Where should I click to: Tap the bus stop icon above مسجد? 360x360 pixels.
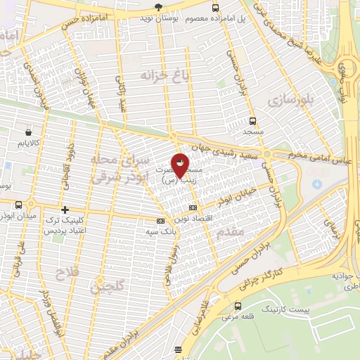[x=252, y=121]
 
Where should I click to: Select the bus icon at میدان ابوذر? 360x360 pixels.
[x=18, y=205]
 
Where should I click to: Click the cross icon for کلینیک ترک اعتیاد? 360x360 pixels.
[x=65, y=210]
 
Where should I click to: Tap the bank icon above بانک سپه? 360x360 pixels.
[x=160, y=221]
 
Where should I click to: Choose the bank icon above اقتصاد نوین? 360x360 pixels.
[x=193, y=207]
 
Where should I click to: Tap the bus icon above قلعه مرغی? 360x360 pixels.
[x=238, y=307]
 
